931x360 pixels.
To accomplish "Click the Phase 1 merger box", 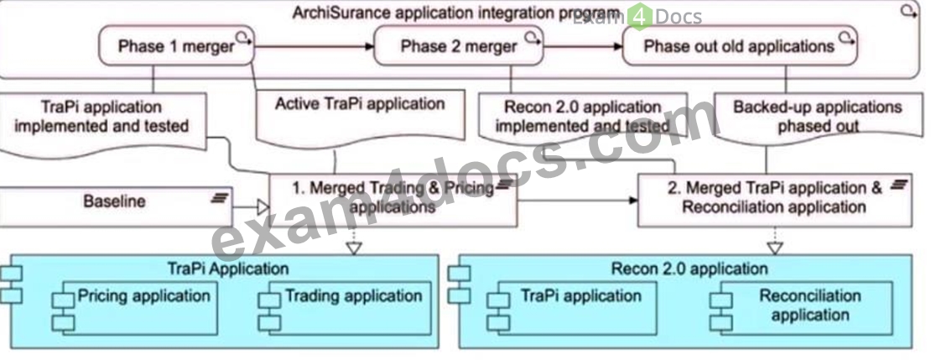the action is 176,46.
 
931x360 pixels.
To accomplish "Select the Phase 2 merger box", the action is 460,46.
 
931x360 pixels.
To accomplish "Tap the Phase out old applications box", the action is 740,46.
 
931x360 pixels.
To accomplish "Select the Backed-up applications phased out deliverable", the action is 818,117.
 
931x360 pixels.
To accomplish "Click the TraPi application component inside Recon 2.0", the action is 572,308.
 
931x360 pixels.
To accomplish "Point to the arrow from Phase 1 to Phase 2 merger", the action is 315,46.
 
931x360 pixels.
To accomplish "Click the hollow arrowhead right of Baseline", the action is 263,207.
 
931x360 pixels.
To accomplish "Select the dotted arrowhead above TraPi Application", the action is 354,248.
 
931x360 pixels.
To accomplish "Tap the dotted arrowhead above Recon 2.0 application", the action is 775,248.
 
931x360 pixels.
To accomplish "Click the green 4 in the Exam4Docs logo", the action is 639,18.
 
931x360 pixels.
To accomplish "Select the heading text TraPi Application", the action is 228,268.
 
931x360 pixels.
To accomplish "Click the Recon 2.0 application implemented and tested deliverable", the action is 582,117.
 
